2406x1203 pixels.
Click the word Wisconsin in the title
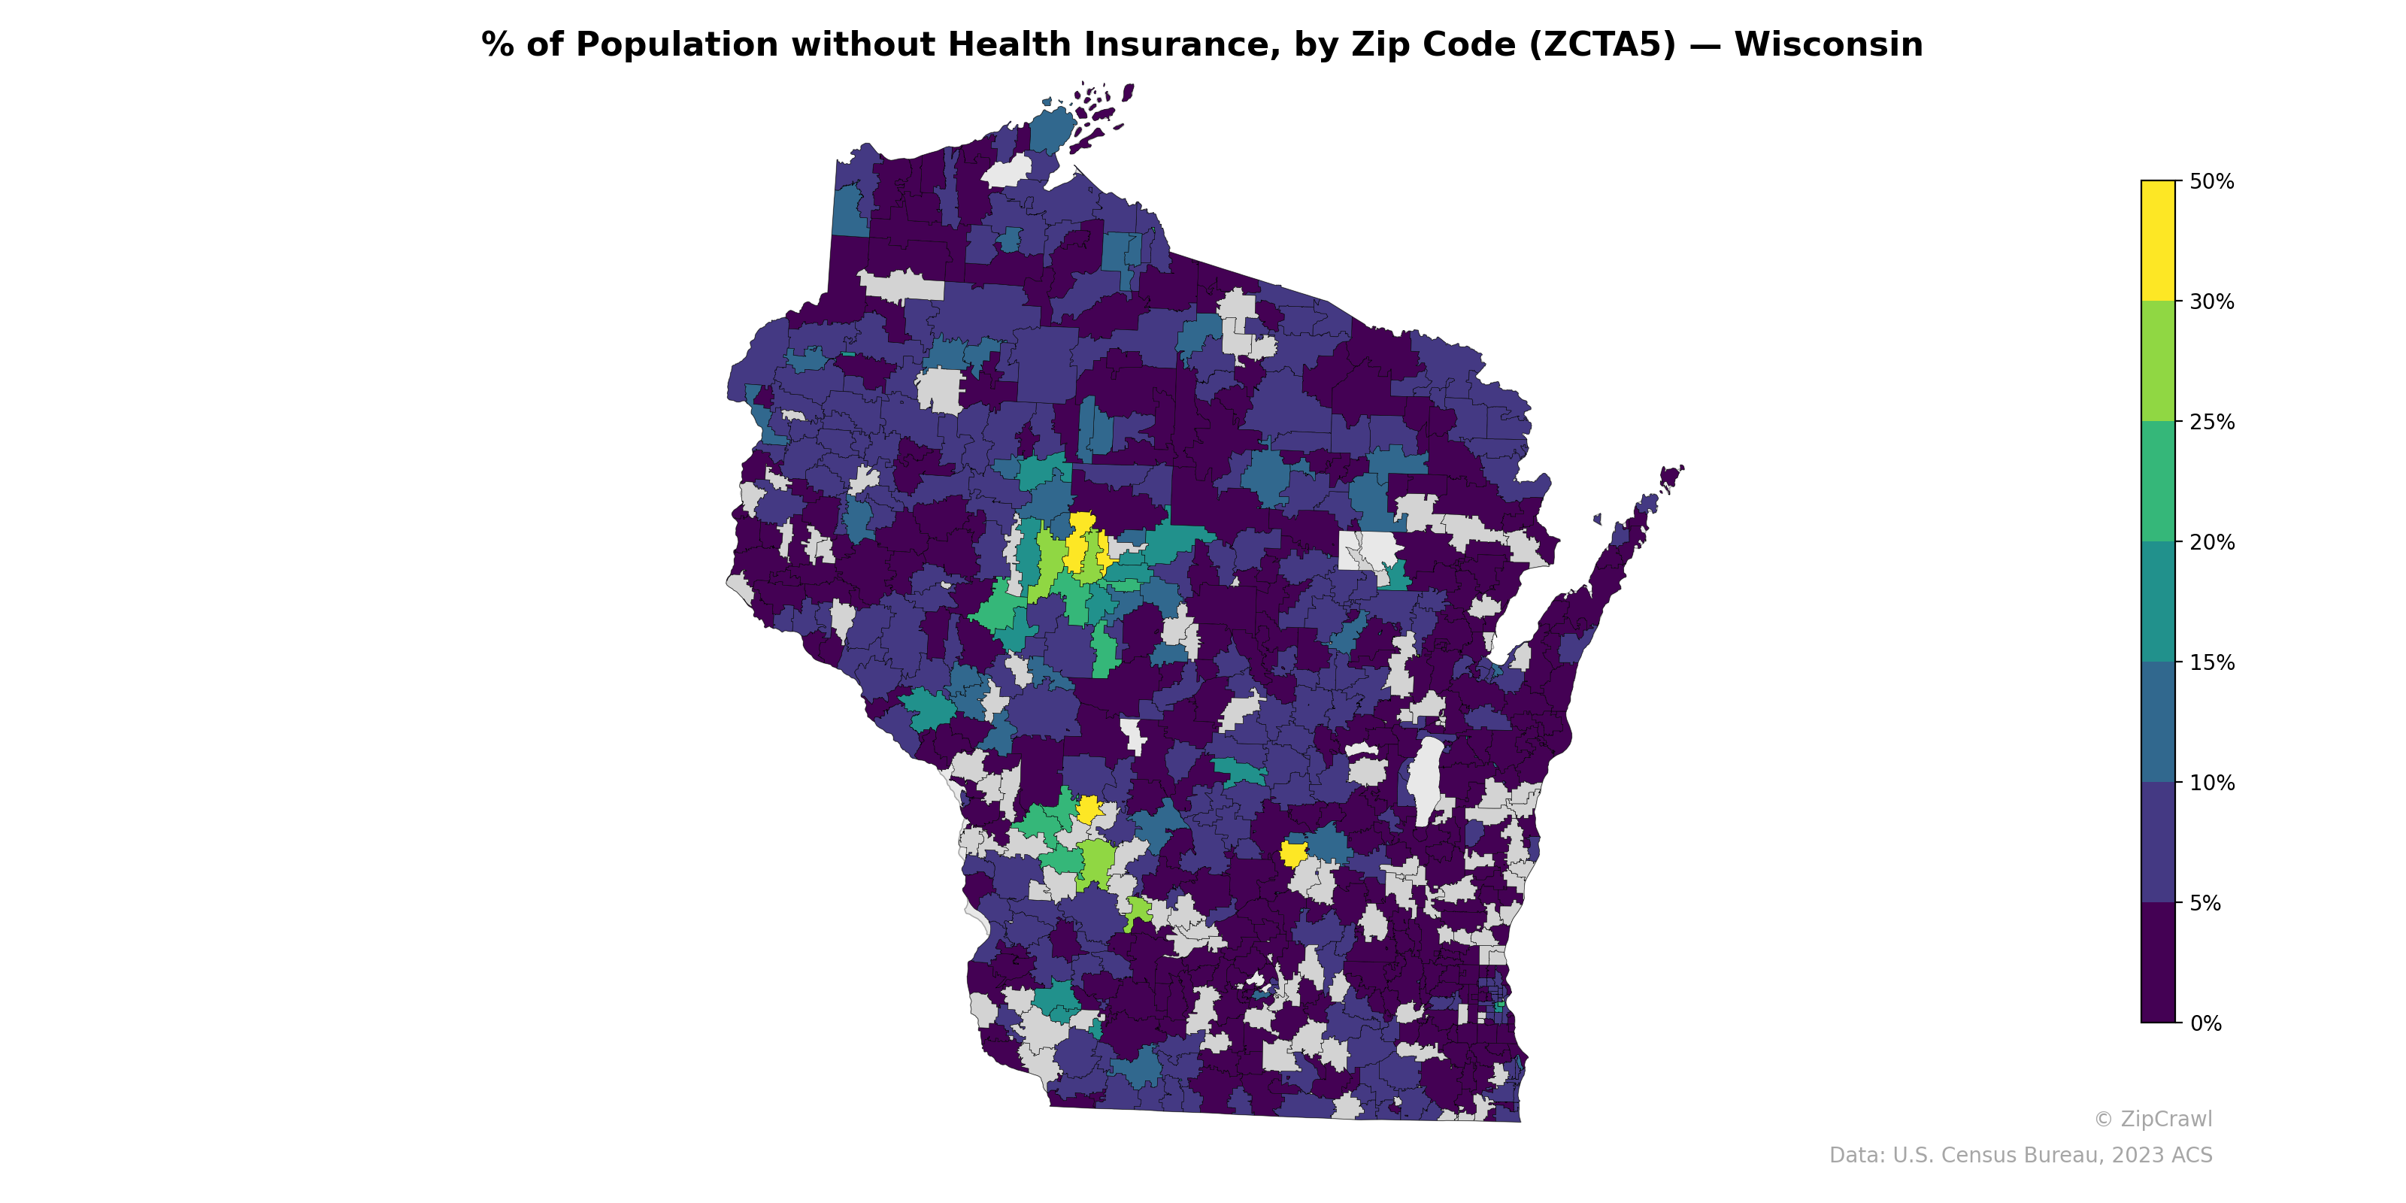point(1828,45)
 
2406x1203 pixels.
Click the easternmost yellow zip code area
point(1293,853)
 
